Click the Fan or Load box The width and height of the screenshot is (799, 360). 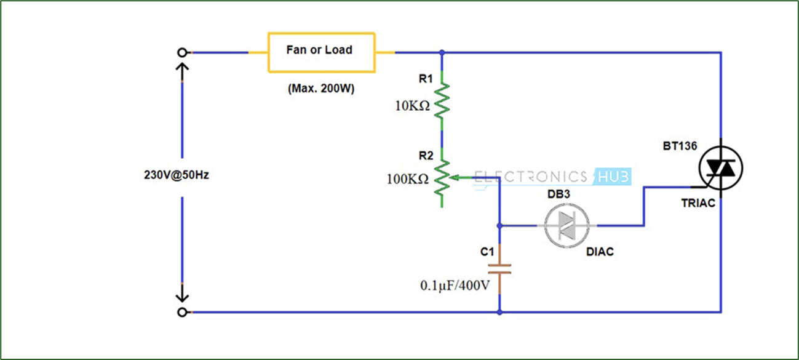tap(320, 52)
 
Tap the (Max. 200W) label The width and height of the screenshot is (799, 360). tap(321, 88)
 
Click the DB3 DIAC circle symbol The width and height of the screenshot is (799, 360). tap(566, 225)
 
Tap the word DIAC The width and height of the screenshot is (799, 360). tap(600, 252)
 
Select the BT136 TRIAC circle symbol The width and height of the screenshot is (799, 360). tap(721, 167)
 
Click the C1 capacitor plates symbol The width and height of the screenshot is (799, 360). tap(499, 269)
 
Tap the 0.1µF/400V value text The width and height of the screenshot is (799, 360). tap(455, 286)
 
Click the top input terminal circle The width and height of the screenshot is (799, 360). tap(181, 53)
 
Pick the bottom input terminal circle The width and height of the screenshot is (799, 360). tap(181, 312)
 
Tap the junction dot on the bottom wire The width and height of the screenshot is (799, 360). tap(499, 312)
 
